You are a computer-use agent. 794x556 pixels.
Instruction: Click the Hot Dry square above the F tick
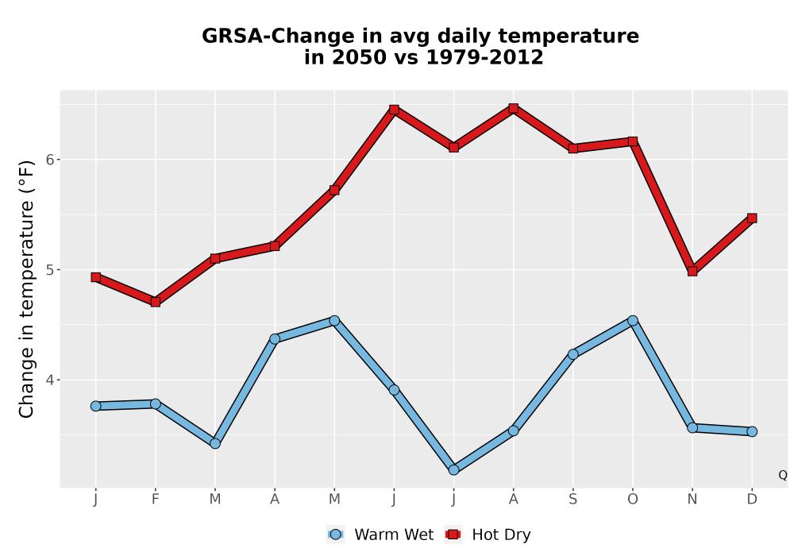(x=156, y=302)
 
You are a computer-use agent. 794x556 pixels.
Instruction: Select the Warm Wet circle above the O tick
(x=633, y=321)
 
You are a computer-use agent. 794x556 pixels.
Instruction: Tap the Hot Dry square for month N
(x=692, y=271)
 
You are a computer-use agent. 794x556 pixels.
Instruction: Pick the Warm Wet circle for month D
(x=752, y=431)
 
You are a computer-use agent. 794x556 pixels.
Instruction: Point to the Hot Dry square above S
(x=572, y=149)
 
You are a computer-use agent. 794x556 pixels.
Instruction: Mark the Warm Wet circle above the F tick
(x=156, y=403)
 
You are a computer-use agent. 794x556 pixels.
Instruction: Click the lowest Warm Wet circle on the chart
(x=453, y=470)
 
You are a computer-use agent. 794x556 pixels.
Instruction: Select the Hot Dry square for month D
(x=752, y=218)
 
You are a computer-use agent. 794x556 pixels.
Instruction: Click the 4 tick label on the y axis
(x=49, y=380)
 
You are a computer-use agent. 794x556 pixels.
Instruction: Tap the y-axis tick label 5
(x=49, y=270)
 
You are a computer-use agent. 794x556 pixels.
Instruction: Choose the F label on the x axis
(x=156, y=500)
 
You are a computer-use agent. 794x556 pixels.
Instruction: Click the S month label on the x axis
(x=572, y=500)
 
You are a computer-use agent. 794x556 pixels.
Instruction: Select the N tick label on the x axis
(x=692, y=500)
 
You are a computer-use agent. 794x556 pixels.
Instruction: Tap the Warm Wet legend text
(x=394, y=535)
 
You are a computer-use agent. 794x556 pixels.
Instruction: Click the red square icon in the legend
(x=453, y=535)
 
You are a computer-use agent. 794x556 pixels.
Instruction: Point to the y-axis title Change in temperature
(x=26, y=289)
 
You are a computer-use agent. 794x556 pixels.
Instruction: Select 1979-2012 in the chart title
(x=484, y=57)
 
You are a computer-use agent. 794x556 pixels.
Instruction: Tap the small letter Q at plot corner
(x=783, y=475)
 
